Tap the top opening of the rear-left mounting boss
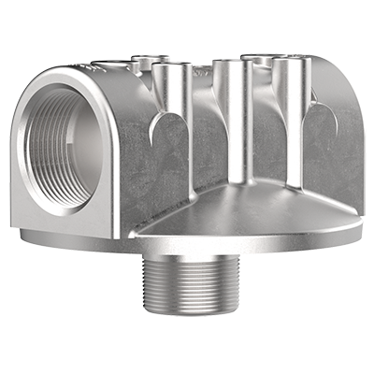(142, 62)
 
